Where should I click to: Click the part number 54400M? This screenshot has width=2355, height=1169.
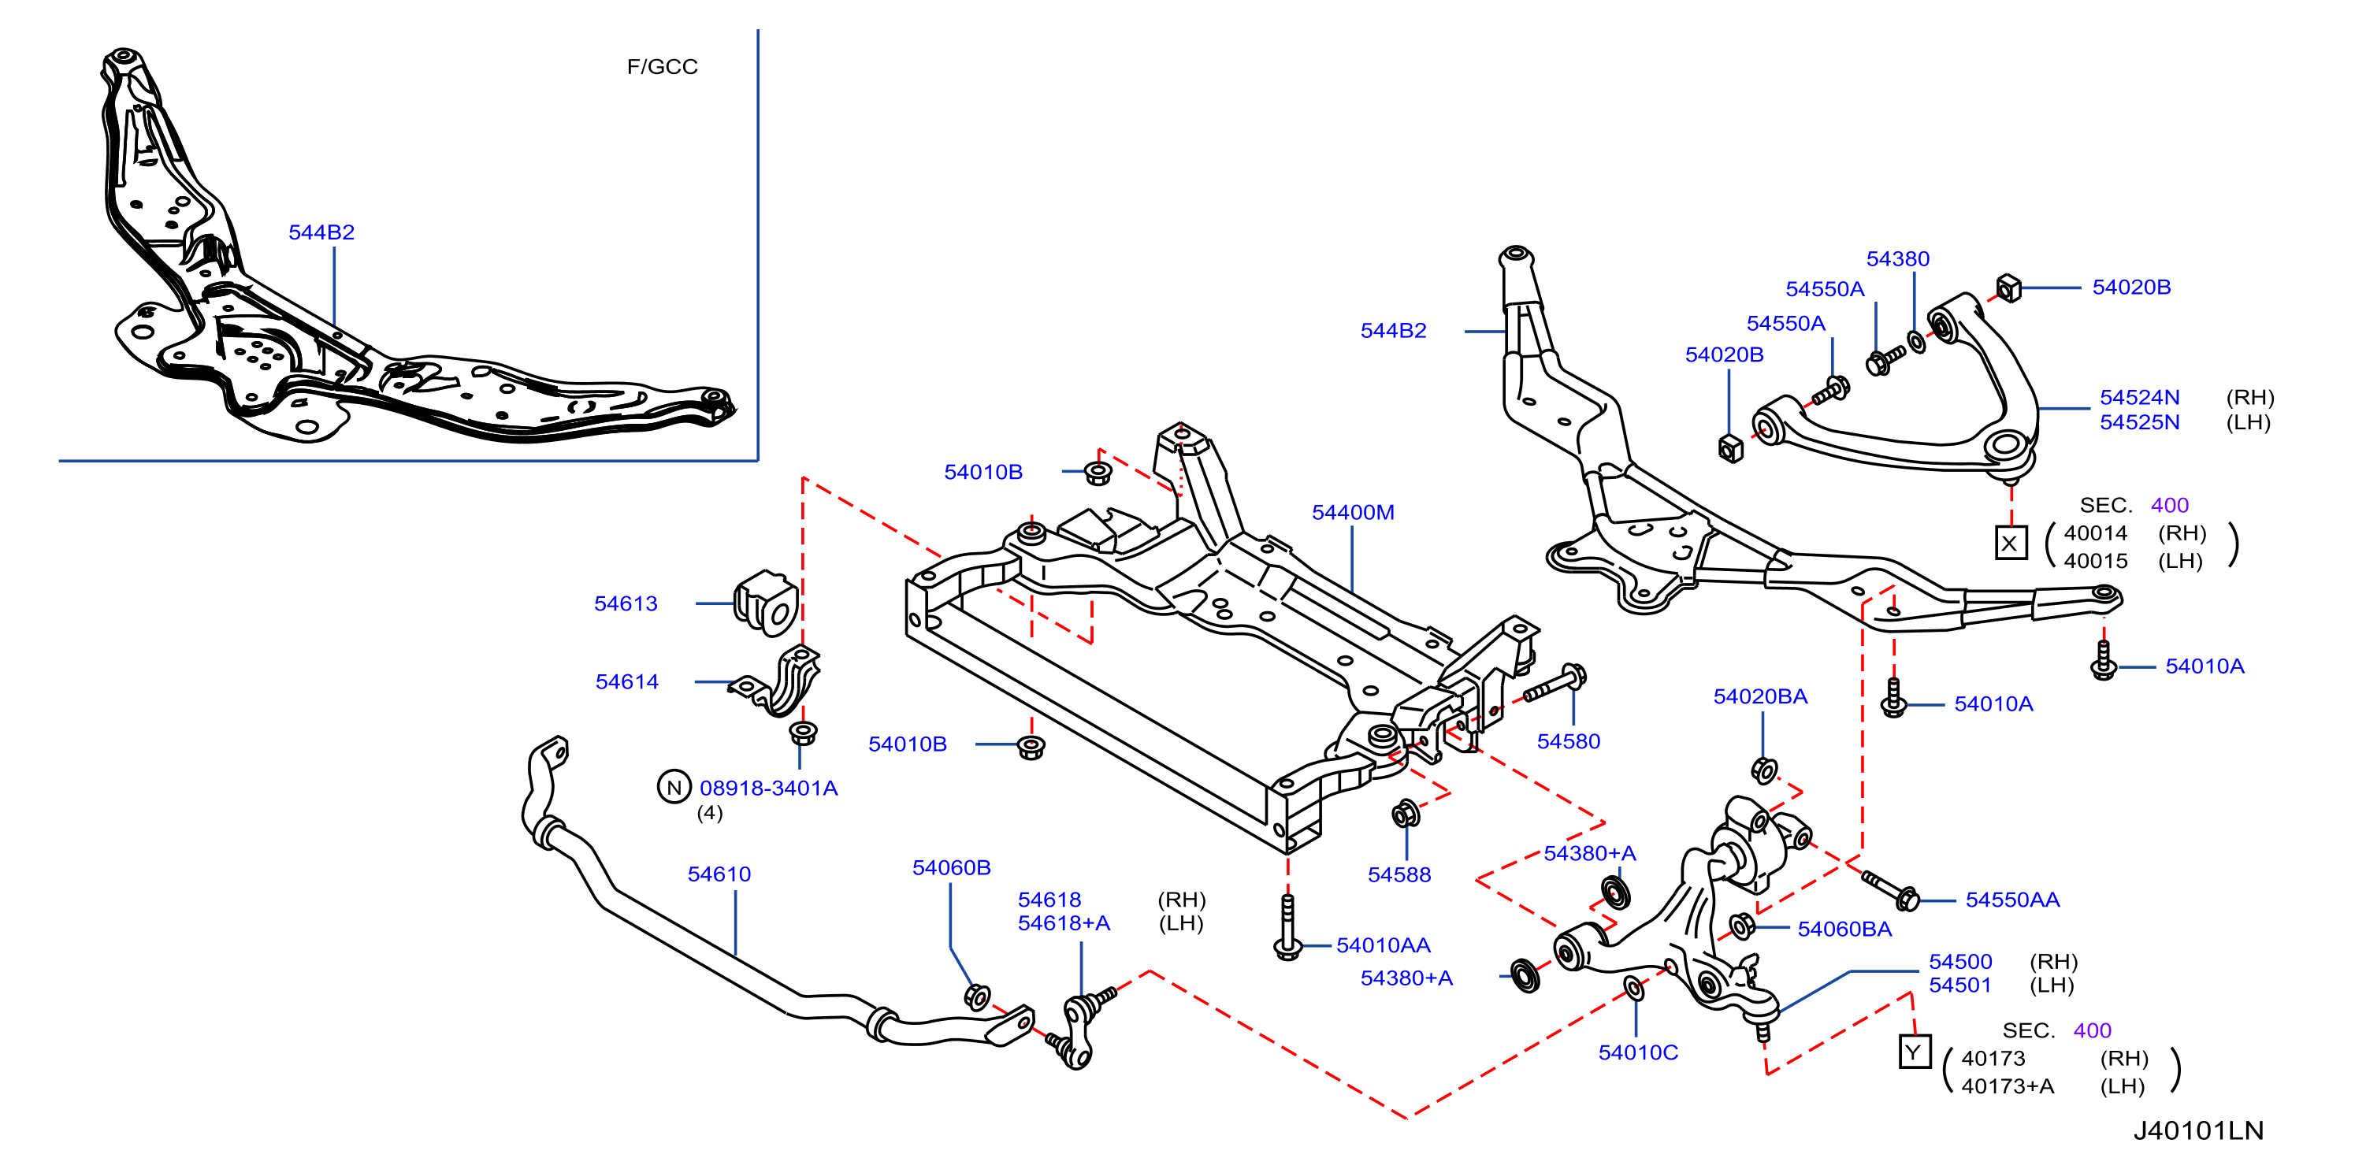click(x=1352, y=513)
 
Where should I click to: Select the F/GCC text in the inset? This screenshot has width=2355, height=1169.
click(x=662, y=67)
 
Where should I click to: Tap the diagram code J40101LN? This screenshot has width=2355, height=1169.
click(x=2199, y=1130)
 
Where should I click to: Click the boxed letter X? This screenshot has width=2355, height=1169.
click(x=2011, y=543)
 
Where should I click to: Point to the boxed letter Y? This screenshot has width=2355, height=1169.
click(x=1915, y=1052)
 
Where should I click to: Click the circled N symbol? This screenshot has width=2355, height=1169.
click(x=674, y=787)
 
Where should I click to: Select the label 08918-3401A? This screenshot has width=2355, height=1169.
click(x=768, y=788)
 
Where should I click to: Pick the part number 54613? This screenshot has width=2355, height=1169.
click(x=626, y=603)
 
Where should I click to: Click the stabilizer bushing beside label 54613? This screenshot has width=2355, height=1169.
click(x=766, y=603)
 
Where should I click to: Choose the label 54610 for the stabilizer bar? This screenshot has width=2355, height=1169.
click(x=719, y=874)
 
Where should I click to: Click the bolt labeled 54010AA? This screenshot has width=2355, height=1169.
click(x=1288, y=927)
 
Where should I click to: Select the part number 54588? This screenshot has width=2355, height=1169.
click(x=1399, y=874)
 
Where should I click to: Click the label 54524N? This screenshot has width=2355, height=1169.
click(x=2139, y=398)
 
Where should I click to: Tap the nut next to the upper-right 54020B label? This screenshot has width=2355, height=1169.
click(x=2008, y=288)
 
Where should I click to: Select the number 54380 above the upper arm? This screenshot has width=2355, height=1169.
click(x=1897, y=258)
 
